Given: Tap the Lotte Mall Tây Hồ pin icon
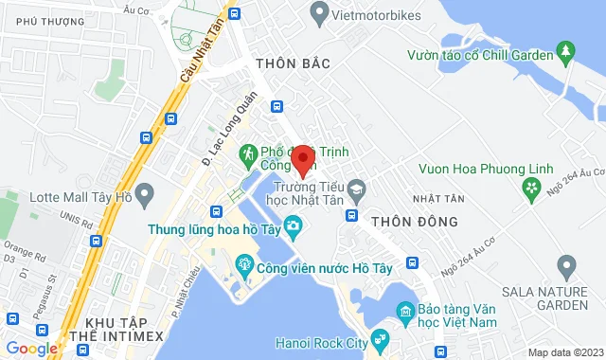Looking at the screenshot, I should coord(145,196).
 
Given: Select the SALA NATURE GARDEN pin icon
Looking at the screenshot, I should coord(567,263).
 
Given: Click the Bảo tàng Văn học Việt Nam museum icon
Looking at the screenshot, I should coord(404,311).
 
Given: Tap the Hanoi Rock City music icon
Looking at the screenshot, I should coord(380,337).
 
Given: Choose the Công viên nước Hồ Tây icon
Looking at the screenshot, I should coord(243,262).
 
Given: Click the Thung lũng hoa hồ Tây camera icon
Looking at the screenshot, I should coord(294,226).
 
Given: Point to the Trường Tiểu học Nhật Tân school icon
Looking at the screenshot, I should coord(356,188).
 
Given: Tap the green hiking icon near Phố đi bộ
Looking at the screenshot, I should coord(248,152).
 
